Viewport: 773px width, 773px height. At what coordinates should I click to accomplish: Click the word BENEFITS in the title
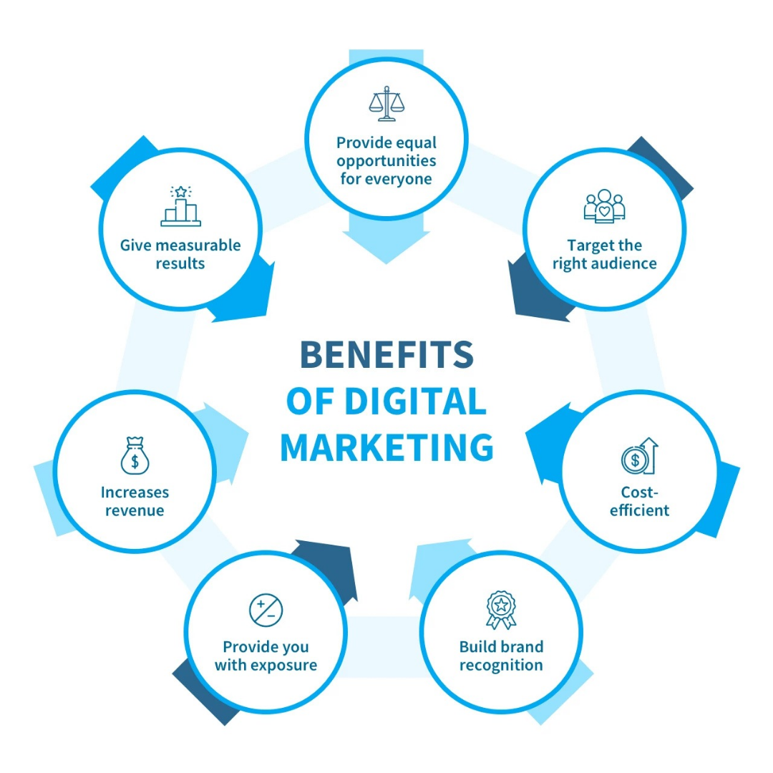coord(386,354)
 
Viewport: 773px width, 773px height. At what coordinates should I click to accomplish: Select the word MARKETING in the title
coord(386,447)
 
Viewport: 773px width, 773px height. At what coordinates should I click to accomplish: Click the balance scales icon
coord(386,104)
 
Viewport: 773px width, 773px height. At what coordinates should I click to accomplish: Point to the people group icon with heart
coord(604,205)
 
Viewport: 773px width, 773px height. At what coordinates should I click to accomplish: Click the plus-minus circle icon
coord(266,611)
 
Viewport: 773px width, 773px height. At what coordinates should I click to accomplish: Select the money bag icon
coord(134,456)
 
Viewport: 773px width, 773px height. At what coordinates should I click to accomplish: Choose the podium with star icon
coord(180,206)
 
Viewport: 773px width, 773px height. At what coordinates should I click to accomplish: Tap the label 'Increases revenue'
coord(134,501)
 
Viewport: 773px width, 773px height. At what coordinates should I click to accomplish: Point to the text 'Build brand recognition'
coord(501,656)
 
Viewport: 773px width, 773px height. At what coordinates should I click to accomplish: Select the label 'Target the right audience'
coord(604,254)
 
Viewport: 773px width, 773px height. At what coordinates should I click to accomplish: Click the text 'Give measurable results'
coord(180,254)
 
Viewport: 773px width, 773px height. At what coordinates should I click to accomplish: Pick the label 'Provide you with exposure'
coord(266,656)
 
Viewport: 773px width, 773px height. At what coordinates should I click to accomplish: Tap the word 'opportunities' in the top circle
coord(386,160)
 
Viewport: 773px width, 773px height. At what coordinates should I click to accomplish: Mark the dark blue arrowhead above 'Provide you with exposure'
coord(326,565)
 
